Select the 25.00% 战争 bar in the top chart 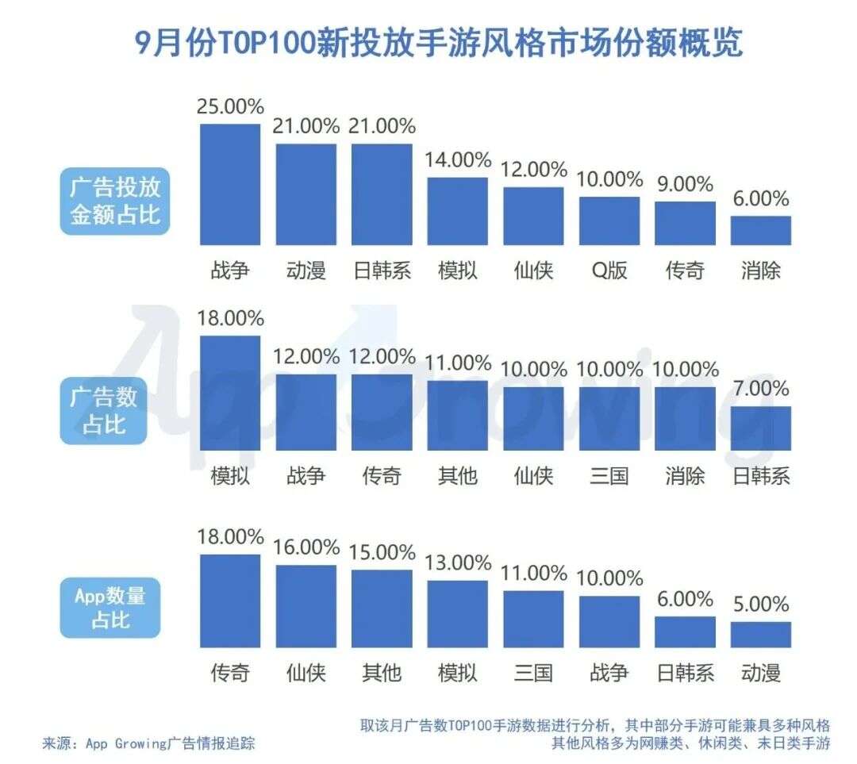[x=230, y=184]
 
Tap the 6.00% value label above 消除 [x=760, y=199]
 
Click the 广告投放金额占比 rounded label [x=115, y=201]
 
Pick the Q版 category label [x=609, y=271]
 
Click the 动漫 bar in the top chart [x=306, y=194]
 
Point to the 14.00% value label [x=458, y=160]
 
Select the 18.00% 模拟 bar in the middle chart [x=230, y=393]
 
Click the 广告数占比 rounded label [x=104, y=410]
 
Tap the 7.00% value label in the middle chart [x=760, y=389]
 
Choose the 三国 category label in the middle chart [x=609, y=476]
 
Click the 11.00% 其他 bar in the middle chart [x=458, y=415]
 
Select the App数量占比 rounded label [x=110, y=608]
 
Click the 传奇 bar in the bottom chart [x=230, y=601]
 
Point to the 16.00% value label [x=306, y=547]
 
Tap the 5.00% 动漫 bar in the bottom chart [x=760, y=634]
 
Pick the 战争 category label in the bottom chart [x=609, y=674]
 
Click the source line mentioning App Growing [x=149, y=743]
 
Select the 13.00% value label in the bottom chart [x=458, y=562]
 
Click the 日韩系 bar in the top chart [x=382, y=194]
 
